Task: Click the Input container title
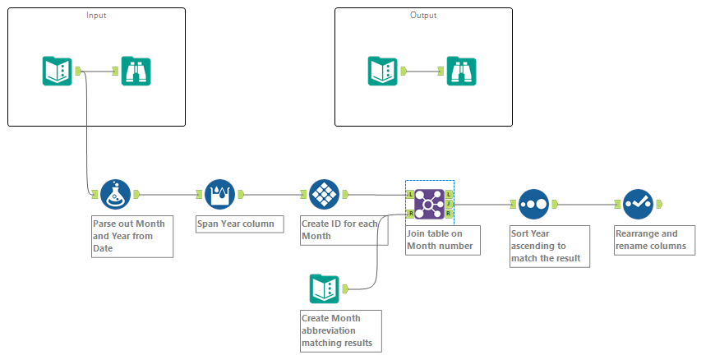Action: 96,16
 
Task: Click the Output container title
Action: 423,16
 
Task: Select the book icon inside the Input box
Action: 58,71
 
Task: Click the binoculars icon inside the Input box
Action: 136,71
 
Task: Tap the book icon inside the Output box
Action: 383,71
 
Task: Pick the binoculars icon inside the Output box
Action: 462,71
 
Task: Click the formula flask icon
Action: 115,195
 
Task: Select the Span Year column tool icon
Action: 219,195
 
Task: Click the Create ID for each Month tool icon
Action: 325,195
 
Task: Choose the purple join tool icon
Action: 429,203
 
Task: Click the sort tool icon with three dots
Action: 533,203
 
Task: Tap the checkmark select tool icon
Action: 638,203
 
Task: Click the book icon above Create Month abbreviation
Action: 324,288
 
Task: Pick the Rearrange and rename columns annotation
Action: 654,239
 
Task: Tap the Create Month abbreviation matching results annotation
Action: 340,330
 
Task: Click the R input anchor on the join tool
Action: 410,213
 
